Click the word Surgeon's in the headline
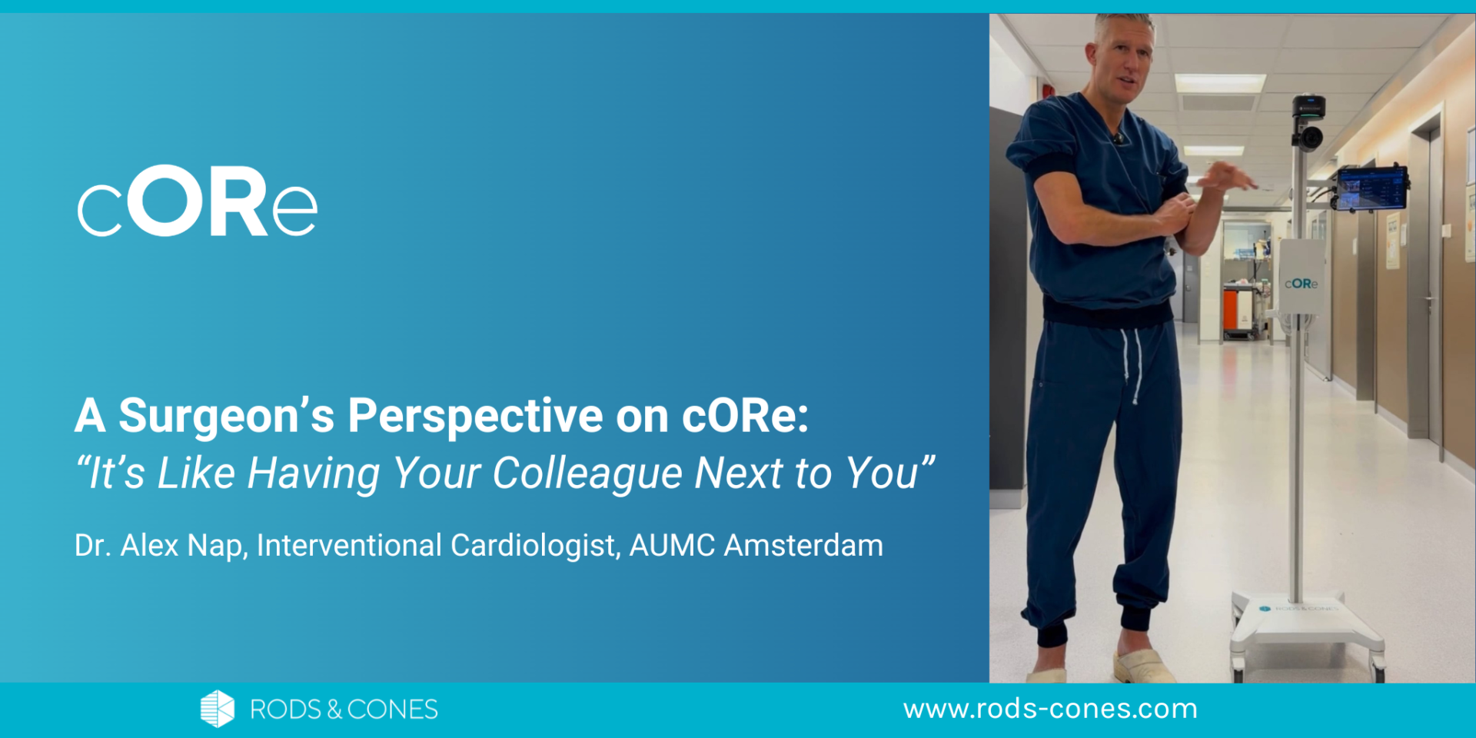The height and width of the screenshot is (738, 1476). pyautogui.click(x=226, y=416)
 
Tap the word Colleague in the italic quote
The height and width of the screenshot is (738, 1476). pyautogui.click(x=587, y=473)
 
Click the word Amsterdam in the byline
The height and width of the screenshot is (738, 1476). pyautogui.click(x=803, y=546)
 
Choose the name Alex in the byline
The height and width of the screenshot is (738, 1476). pyautogui.click(x=150, y=546)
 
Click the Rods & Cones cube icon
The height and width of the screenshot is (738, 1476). pyautogui.click(x=217, y=708)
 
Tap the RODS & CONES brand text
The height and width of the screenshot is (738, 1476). pyautogui.click(x=344, y=709)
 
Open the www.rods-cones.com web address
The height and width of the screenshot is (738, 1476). pyautogui.click(x=1050, y=708)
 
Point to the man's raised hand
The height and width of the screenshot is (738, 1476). pyautogui.click(x=1226, y=178)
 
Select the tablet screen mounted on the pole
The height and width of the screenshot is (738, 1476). pyautogui.click(x=1371, y=188)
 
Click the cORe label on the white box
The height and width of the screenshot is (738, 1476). pyautogui.click(x=1301, y=284)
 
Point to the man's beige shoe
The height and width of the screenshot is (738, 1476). pyautogui.click(x=1143, y=665)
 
